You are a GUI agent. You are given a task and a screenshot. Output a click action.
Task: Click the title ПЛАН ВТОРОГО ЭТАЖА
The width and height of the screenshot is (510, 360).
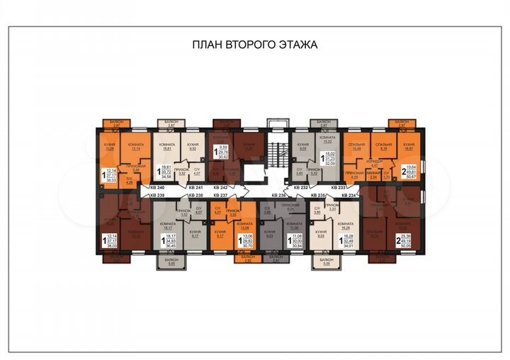pyautogui.click(x=255, y=44)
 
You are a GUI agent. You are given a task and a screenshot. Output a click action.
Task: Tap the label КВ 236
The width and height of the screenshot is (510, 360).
pyautogui.click(x=280, y=195)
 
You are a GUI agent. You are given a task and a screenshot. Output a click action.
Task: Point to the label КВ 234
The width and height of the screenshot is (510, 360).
pyautogui.click(x=349, y=195)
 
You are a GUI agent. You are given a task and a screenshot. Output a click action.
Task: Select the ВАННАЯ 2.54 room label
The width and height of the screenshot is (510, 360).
pyautogui.click(x=375, y=175)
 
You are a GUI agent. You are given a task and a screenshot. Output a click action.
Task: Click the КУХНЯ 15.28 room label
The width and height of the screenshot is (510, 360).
pyautogui.click(x=110, y=147)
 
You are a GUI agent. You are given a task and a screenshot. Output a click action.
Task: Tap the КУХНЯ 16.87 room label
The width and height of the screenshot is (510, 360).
pyautogui.click(x=409, y=147)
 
